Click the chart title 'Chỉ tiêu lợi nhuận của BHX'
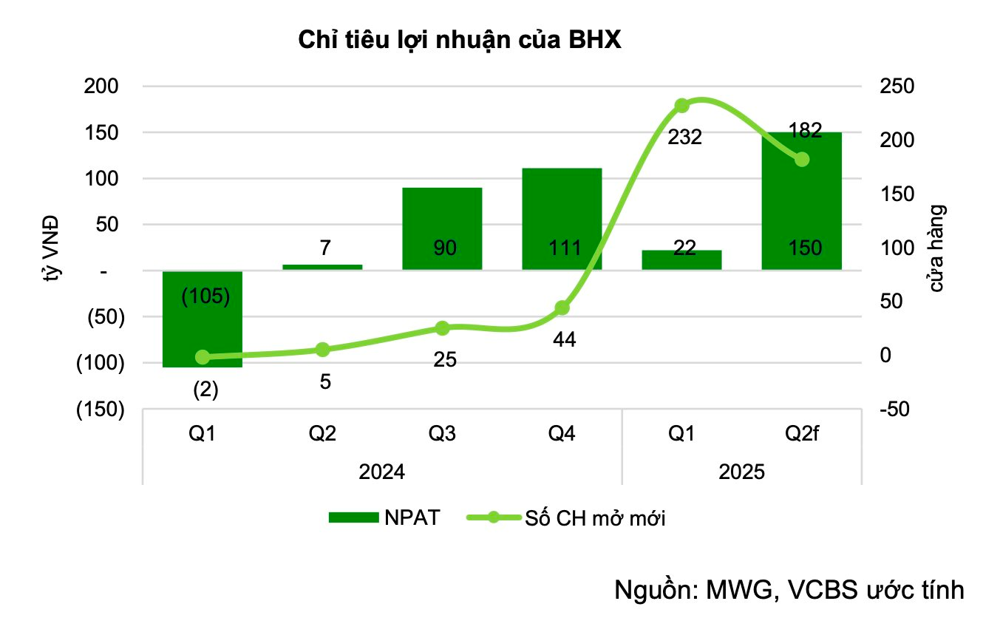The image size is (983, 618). pos(460,41)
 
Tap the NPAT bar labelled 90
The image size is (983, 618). pos(442,228)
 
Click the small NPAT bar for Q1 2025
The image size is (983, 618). pos(681,259)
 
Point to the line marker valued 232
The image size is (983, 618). pos(682,106)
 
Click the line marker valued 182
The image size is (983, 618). pos(802,160)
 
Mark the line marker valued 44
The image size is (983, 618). pos(562,308)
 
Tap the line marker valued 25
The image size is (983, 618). pos(443,328)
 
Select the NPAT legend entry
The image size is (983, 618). pos(384,518)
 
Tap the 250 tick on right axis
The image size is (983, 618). pos(896,86)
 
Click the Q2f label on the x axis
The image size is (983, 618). pos(801,434)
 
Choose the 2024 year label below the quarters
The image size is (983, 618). pos(381,472)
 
